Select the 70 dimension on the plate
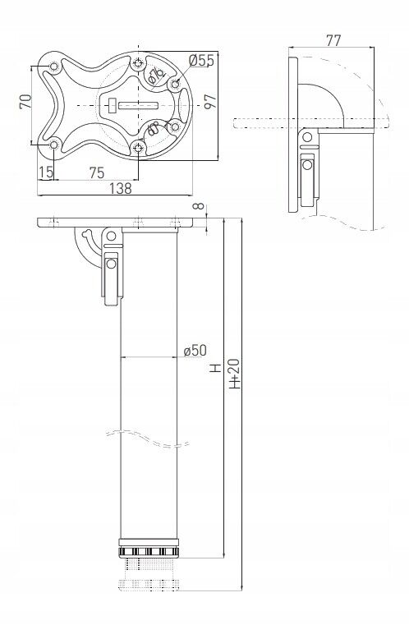tap(25, 102)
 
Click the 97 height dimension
tap(210, 101)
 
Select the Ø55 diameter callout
tap(201, 60)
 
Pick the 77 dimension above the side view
tap(333, 39)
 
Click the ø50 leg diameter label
tap(195, 351)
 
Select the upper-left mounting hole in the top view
tap(54, 66)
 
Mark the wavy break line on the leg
tap(149, 438)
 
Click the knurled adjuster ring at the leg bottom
tap(149, 549)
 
